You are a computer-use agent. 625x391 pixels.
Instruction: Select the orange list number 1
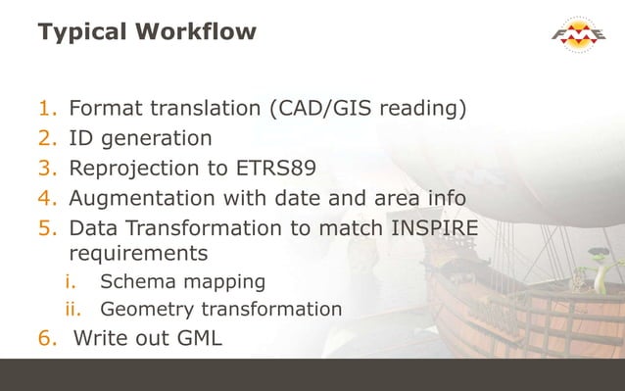[x=48, y=108]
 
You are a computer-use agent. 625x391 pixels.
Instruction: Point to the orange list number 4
[x=48, y=200]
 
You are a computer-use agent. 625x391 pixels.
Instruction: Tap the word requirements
[x=137, y=254]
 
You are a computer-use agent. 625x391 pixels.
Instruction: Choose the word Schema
[x=133, y=282]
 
